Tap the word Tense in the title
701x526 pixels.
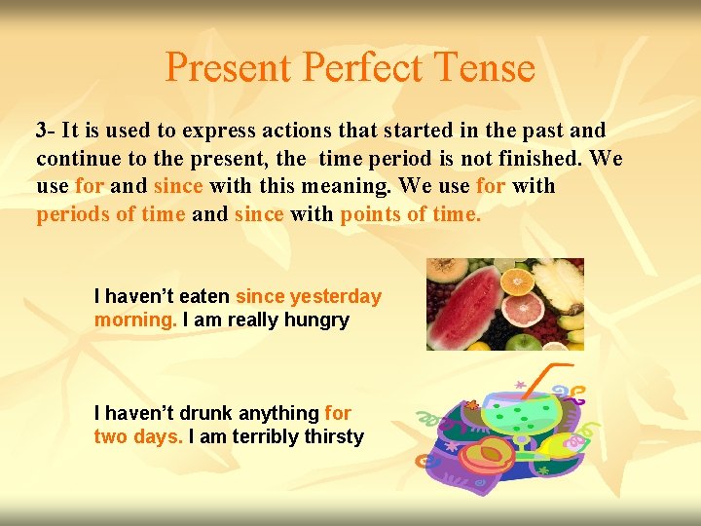[x=486, y=68]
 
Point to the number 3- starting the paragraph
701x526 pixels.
[x=46, y=131]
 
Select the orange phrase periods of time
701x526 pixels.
[x=110, y=213]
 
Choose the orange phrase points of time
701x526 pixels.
[x=410, y=213]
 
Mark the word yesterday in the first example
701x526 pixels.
[x=336, y=296]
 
